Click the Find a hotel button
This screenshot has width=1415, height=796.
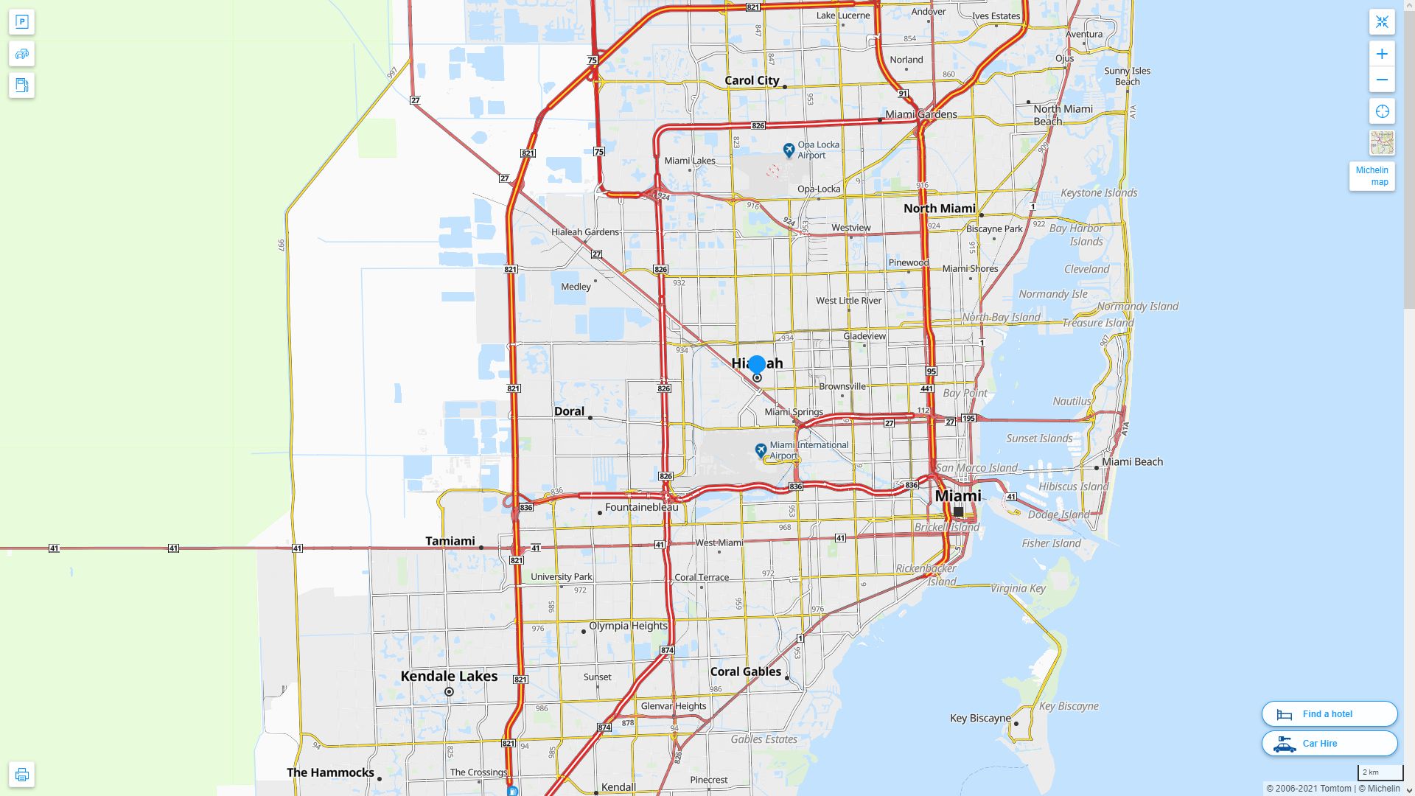tap(1329, 713)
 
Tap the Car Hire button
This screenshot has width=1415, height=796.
tap(1329, 743)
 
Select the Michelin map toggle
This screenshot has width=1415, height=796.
tap(1372, 176)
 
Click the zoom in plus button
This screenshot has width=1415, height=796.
tap(1382, 54)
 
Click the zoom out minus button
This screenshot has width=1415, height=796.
tap(1382, 80)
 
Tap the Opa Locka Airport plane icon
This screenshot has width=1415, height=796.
tap(789, 150)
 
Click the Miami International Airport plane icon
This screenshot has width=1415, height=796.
tap(761, 450)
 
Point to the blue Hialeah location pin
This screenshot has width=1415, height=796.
tap(757, 364)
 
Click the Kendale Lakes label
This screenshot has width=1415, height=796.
tap(449, 676)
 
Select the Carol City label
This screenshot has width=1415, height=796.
tap(752, 80)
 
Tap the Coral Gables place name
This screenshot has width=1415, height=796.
tap(745, 671)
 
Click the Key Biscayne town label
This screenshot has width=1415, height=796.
tap(980, 718)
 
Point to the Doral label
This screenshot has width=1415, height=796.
tap(569, 411)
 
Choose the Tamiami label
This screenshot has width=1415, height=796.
tap(450, 541)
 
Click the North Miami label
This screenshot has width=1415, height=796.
tap(939, 209)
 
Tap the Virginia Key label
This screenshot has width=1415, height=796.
tap(1018, 588)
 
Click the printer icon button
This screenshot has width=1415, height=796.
tap(21, 775)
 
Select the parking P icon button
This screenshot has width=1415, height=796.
tap(21, 22)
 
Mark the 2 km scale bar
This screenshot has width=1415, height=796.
tap(1380, 773)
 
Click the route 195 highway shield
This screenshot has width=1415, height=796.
tap(968, 418)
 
